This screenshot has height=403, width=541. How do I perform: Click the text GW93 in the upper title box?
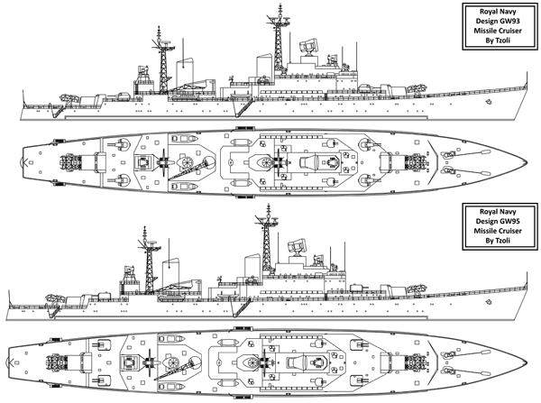click(509, 21)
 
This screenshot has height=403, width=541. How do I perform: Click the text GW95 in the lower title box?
click(509, 221)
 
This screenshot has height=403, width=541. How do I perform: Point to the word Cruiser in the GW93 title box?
click(509, 31)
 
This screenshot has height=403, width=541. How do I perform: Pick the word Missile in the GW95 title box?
click(485, 231)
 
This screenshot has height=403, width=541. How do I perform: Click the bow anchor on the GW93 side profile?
click(488, 102)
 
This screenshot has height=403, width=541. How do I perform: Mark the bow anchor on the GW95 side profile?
click(488, 302)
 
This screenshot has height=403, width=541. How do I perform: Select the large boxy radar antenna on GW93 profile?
click(308, 45)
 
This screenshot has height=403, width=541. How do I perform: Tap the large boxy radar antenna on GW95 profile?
click(297, 245)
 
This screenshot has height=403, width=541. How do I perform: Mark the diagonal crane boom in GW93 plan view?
click(190, 169)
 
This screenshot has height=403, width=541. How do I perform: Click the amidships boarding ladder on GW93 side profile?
click(242, 107)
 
